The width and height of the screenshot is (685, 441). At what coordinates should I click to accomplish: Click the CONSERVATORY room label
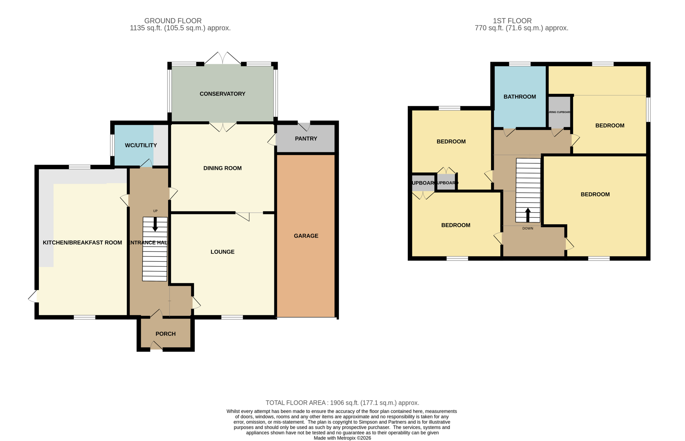[222, 94]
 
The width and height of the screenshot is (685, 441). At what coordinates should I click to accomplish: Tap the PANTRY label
[306, 139]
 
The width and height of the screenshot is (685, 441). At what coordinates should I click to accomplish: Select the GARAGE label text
[306, 236]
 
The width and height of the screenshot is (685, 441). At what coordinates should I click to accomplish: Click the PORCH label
[165, 334]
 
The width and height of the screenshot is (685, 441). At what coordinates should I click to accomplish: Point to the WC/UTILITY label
[141, 145]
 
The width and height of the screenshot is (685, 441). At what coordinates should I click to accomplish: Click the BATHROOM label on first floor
[519, 97]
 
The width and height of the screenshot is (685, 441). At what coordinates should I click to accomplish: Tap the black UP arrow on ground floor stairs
[155, 224]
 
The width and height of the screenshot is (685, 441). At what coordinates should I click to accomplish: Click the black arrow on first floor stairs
[527, 215]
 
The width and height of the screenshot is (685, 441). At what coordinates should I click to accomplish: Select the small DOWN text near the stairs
[527, 228]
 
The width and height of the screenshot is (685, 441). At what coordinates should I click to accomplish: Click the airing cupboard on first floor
[559, 112]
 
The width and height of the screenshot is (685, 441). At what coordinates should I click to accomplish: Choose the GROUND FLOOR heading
[173, 21]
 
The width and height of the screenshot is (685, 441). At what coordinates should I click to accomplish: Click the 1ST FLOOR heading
[512, 21]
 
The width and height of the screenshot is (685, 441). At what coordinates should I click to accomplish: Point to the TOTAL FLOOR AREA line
[342, 403]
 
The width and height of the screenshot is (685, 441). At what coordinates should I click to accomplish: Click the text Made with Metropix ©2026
[342, 438]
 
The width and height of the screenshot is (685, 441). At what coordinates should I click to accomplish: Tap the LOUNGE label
[222, 252]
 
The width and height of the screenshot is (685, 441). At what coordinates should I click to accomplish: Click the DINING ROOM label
[222, 168]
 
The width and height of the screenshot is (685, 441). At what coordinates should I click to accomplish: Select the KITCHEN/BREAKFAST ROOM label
[82, 243]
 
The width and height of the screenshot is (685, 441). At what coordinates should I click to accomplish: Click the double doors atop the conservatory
[222, 58]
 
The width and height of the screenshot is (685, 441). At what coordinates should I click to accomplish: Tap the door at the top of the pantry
[304, 126]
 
